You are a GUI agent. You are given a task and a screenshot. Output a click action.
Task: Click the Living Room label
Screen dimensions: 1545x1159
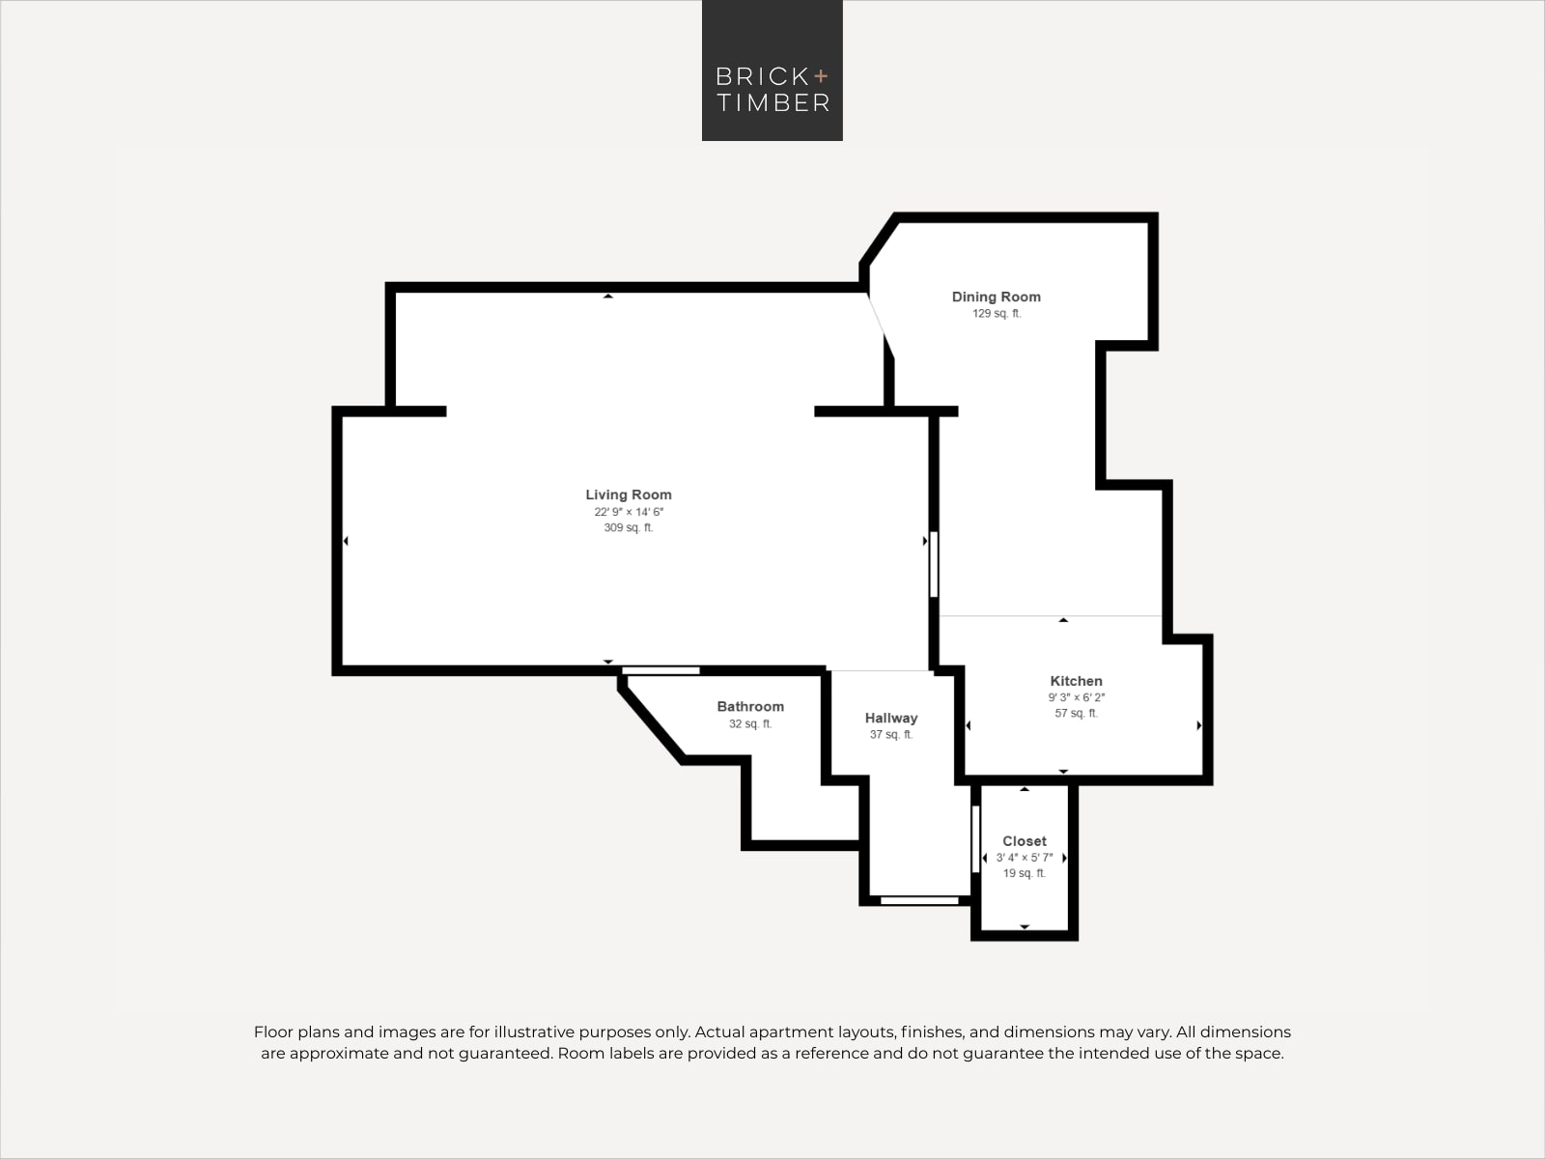point(629,495)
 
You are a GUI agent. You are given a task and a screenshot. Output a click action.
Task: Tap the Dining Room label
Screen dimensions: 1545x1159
point(996,297)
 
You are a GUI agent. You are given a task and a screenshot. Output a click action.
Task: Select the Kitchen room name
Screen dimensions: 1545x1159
point(1077,681)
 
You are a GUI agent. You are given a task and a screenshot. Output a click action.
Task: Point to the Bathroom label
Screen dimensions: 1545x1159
point(750,707)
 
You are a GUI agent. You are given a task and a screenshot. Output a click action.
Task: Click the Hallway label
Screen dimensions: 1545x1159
point(891,718)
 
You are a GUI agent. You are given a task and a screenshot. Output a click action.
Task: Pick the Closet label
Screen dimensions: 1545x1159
point(1025,841)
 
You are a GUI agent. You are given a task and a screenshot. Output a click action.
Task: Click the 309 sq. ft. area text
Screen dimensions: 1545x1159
point(629,527)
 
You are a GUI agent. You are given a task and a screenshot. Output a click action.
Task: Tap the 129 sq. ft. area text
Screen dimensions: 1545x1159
point(997,313)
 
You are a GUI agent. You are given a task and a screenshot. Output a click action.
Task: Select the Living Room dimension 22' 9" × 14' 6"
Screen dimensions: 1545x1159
point(629,512)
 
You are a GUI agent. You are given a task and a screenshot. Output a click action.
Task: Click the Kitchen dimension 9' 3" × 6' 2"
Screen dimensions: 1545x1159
point(1077,697)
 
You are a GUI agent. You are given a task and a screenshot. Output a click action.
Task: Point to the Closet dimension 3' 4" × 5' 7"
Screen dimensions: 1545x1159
point(1025,857)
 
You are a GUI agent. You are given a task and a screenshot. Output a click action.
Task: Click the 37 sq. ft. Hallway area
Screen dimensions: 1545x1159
point(891,735)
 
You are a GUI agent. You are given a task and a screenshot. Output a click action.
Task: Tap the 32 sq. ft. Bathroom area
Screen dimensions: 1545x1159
point(750,723)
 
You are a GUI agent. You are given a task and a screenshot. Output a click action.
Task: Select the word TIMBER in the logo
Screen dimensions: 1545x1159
point(773,102)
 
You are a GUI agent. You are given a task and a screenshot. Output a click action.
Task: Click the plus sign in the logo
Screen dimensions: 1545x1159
point(821,76)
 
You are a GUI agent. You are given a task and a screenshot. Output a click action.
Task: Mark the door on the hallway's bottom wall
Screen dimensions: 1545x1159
point(919,901)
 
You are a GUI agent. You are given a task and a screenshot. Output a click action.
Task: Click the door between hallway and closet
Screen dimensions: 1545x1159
point(975,838)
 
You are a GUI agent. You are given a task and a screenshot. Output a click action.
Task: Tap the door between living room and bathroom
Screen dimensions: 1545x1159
point(660,670)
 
